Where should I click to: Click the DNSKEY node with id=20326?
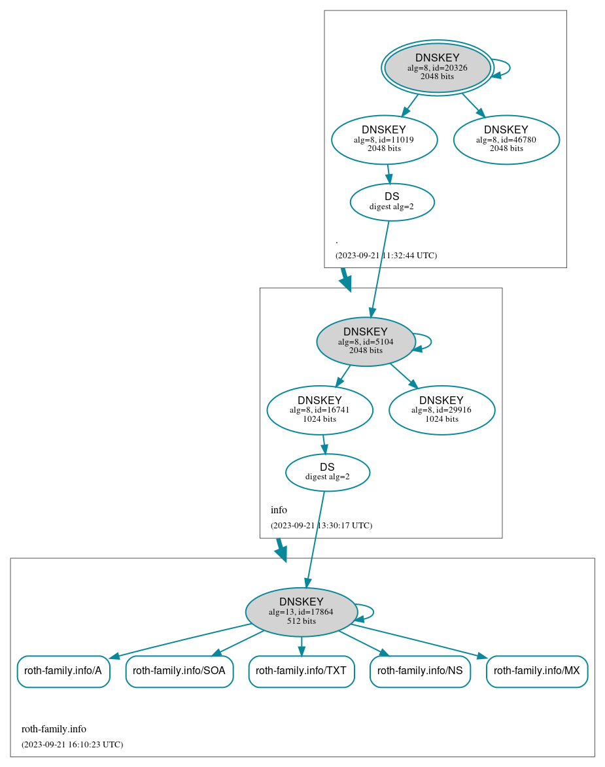pos(438,67)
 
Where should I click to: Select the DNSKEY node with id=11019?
pos(384,139)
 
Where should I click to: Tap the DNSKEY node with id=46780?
pos(506,139)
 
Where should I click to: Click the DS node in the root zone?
pos(392,202)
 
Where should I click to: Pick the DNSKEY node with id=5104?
pos(366,341)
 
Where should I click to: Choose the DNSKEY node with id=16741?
pos(319,410)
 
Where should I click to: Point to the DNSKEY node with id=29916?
pos(441,410)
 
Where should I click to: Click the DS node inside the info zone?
pos(327,472)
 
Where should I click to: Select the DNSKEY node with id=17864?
pos(301,612)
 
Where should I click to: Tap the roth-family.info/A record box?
pos(63,671)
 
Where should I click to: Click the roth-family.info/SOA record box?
pos(179,671)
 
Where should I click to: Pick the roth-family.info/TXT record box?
pos(301,671)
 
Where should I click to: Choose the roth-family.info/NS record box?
pos(420,671)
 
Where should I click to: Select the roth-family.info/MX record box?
pos(536,671)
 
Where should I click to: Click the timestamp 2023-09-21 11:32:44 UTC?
pos(386,256)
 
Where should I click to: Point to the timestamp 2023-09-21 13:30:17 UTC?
pos(321,526)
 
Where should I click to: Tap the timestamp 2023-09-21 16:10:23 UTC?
pos(72,745)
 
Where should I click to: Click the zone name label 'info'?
pos(279,510)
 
